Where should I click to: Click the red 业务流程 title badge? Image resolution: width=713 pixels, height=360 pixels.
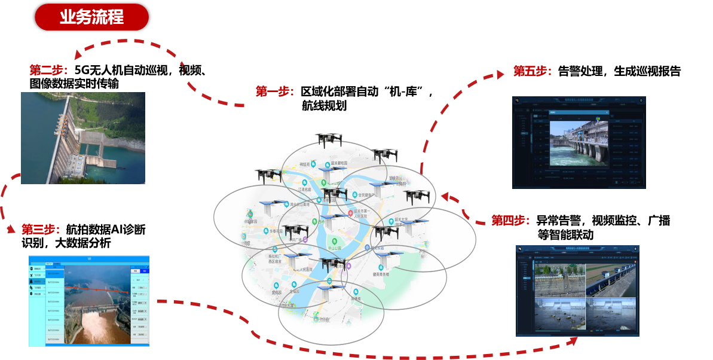91,17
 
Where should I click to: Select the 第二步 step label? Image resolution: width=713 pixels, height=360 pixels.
48,70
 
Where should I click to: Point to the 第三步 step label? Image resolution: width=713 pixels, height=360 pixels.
41,229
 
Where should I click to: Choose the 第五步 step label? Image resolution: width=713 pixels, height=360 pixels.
532,71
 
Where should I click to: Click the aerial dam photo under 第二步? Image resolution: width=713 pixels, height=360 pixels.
83,138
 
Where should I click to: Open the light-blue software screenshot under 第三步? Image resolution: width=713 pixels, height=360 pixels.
89,301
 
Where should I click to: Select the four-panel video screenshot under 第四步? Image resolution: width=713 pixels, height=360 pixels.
577,291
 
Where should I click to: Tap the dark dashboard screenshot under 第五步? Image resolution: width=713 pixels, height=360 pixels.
579,143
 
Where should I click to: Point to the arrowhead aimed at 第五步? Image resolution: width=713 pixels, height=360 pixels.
500,75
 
